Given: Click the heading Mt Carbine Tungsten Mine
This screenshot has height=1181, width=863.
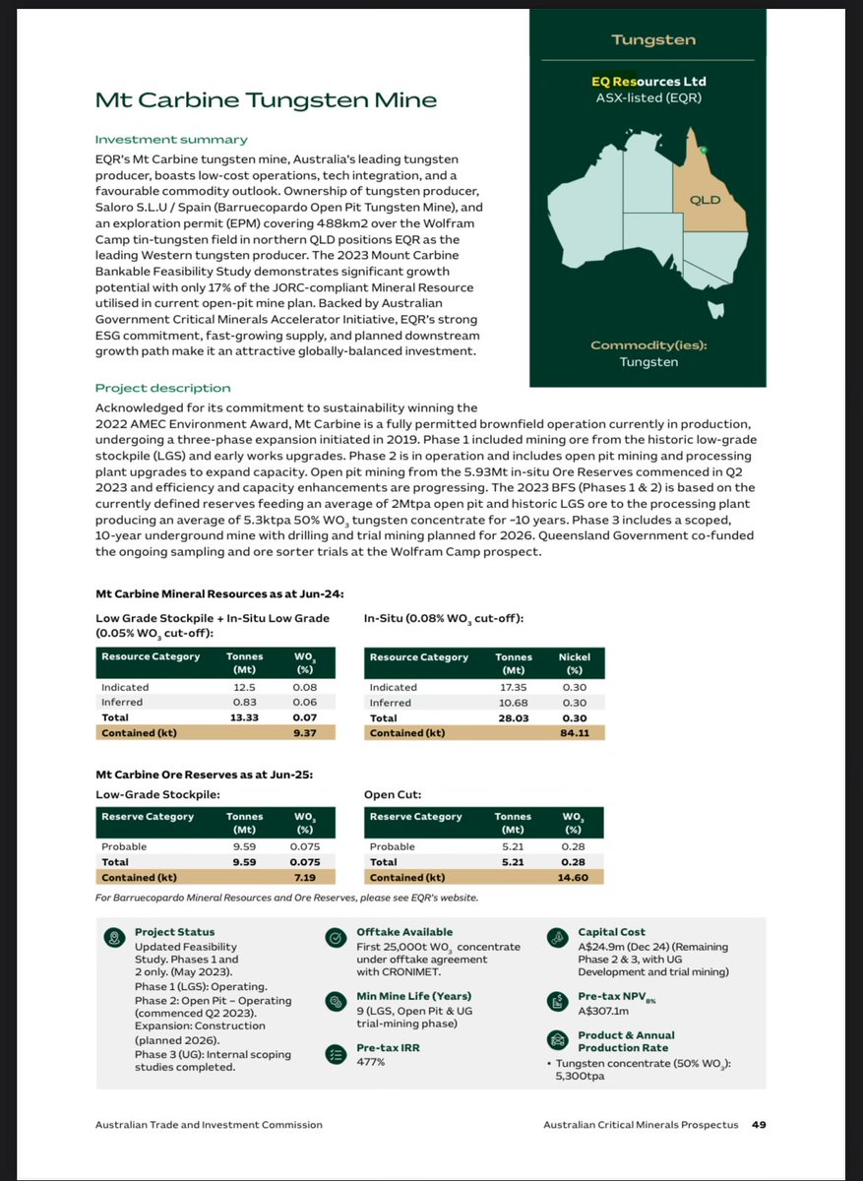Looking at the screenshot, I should (266, 100).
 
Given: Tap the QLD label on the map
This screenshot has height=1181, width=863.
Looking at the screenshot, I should (706, 200).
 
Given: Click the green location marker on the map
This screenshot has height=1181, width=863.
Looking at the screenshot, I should (704, 150).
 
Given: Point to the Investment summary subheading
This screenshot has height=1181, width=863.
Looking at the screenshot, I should (171, 140).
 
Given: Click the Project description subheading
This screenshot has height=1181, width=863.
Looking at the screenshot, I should (162, 388).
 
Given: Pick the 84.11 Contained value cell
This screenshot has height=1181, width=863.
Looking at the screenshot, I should (574, 732).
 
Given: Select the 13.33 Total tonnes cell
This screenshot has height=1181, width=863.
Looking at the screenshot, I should (243, 717).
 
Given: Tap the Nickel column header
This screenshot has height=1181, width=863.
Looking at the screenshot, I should (574, 656).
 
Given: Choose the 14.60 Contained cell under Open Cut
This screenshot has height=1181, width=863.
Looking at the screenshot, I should (574, 877).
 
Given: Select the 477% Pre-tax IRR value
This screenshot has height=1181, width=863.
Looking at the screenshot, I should (370, 1063).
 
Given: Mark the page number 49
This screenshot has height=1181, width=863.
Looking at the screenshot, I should (760, 1125).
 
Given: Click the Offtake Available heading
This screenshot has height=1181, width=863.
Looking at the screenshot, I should (404, 932).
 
